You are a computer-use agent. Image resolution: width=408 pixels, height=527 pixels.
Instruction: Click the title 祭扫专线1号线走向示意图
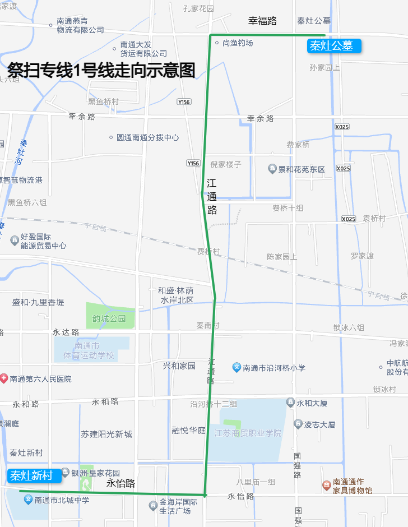click(101, 70)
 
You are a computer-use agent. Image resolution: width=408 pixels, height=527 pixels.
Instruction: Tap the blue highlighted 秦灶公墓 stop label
click(333, 46)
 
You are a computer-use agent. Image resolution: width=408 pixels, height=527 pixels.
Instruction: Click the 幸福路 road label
click(263, 21)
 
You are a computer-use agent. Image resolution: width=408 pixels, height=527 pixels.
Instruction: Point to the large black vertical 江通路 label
click(211, 197)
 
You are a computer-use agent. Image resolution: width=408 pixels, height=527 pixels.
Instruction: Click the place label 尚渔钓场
click(237, 43)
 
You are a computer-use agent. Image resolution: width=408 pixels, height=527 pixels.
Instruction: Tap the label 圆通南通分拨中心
click(147, 137)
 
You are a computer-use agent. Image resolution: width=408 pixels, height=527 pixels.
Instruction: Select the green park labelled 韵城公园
click(110, 318)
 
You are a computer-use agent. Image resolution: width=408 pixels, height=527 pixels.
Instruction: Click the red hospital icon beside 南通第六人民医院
click(4, 379)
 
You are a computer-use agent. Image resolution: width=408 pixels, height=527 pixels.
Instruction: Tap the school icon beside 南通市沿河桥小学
click(237, 368)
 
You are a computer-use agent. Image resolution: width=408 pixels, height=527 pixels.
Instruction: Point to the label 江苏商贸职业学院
click(248, 433)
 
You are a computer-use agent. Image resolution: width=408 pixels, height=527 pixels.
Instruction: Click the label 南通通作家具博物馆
click(352, 486)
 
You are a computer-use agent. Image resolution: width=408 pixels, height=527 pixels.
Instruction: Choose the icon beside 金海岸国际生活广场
click(152, 506)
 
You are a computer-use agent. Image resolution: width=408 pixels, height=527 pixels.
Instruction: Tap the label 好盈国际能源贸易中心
click(43, 241)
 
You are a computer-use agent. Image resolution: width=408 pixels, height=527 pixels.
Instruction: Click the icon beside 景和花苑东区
click(272, 169)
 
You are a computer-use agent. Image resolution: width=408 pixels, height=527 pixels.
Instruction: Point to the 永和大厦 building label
click(312, 403)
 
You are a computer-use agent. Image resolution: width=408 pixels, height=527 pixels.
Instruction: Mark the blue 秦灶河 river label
click(21, 152)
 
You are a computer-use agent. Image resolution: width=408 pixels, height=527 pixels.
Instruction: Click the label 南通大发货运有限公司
click(143, 49)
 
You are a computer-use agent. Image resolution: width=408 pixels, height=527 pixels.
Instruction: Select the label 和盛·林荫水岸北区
click(177, 295)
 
